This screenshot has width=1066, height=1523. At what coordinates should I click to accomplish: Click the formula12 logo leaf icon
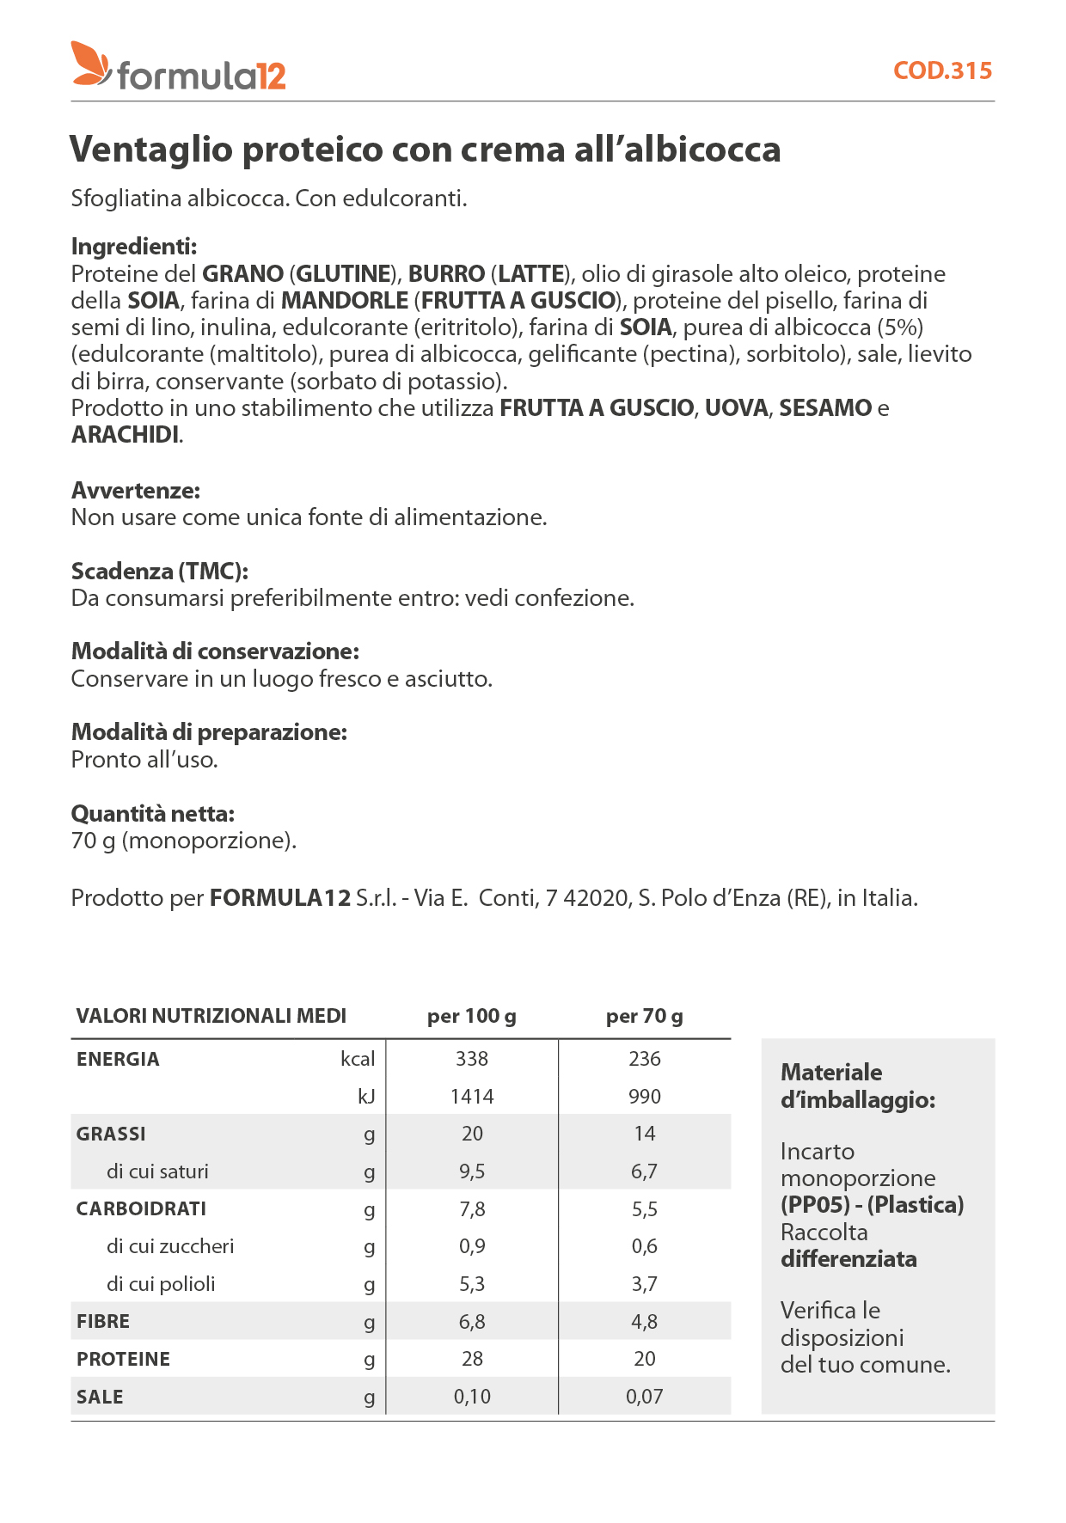pyautogui.click(x=90, y=64)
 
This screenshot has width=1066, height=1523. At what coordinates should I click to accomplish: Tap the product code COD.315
pyautogui.click(x=942, y=70)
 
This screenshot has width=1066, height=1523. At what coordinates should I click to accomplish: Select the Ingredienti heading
pyautogui.click(x=134, y=247)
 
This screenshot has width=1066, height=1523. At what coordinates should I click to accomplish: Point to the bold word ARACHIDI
pyautogui.click(x=126, y=435)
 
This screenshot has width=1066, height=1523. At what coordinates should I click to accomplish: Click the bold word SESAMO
pyautogui.click(x=825, y=408)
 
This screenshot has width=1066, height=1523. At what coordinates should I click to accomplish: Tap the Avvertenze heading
pyautogui.click(x=136, y=491)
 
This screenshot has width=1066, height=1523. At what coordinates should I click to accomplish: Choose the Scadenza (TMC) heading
pyautogui.click(x=160, y=572)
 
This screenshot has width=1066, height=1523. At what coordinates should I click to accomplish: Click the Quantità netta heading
pyautogui.click(x=153, y=814)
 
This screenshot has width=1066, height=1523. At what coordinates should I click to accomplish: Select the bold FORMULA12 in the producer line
pyautogui.click(x=280, y=898)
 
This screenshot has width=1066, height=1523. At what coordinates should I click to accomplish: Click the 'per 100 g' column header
pyautogui.click(x=472, y=1017)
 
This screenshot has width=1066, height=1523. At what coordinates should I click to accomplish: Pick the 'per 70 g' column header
pyautogui.click(x=645, y=1017)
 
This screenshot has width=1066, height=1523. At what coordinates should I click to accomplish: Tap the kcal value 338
pyautogui.click(x=472, y=1059)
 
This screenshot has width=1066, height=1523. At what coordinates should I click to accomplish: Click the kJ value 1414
pyautogui.click(x=472, y=1097)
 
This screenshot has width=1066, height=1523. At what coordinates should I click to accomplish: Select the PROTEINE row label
pyautogui.click(x=123, y=1359)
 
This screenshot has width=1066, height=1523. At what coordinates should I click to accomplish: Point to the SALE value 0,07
pyautogui.click(x=645, y=1397)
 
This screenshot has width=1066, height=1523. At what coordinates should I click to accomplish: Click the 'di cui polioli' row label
pyautogui.click(x=161, y=1284)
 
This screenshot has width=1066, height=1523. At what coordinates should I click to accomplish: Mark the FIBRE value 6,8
pyautogui.click(x=472, y=1322)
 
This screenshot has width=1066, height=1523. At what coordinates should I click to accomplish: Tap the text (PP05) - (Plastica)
pyautogui.click(x=872, y=1205)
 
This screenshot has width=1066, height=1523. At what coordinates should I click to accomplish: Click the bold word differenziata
pyautogui.click(x=849, y=1259)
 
